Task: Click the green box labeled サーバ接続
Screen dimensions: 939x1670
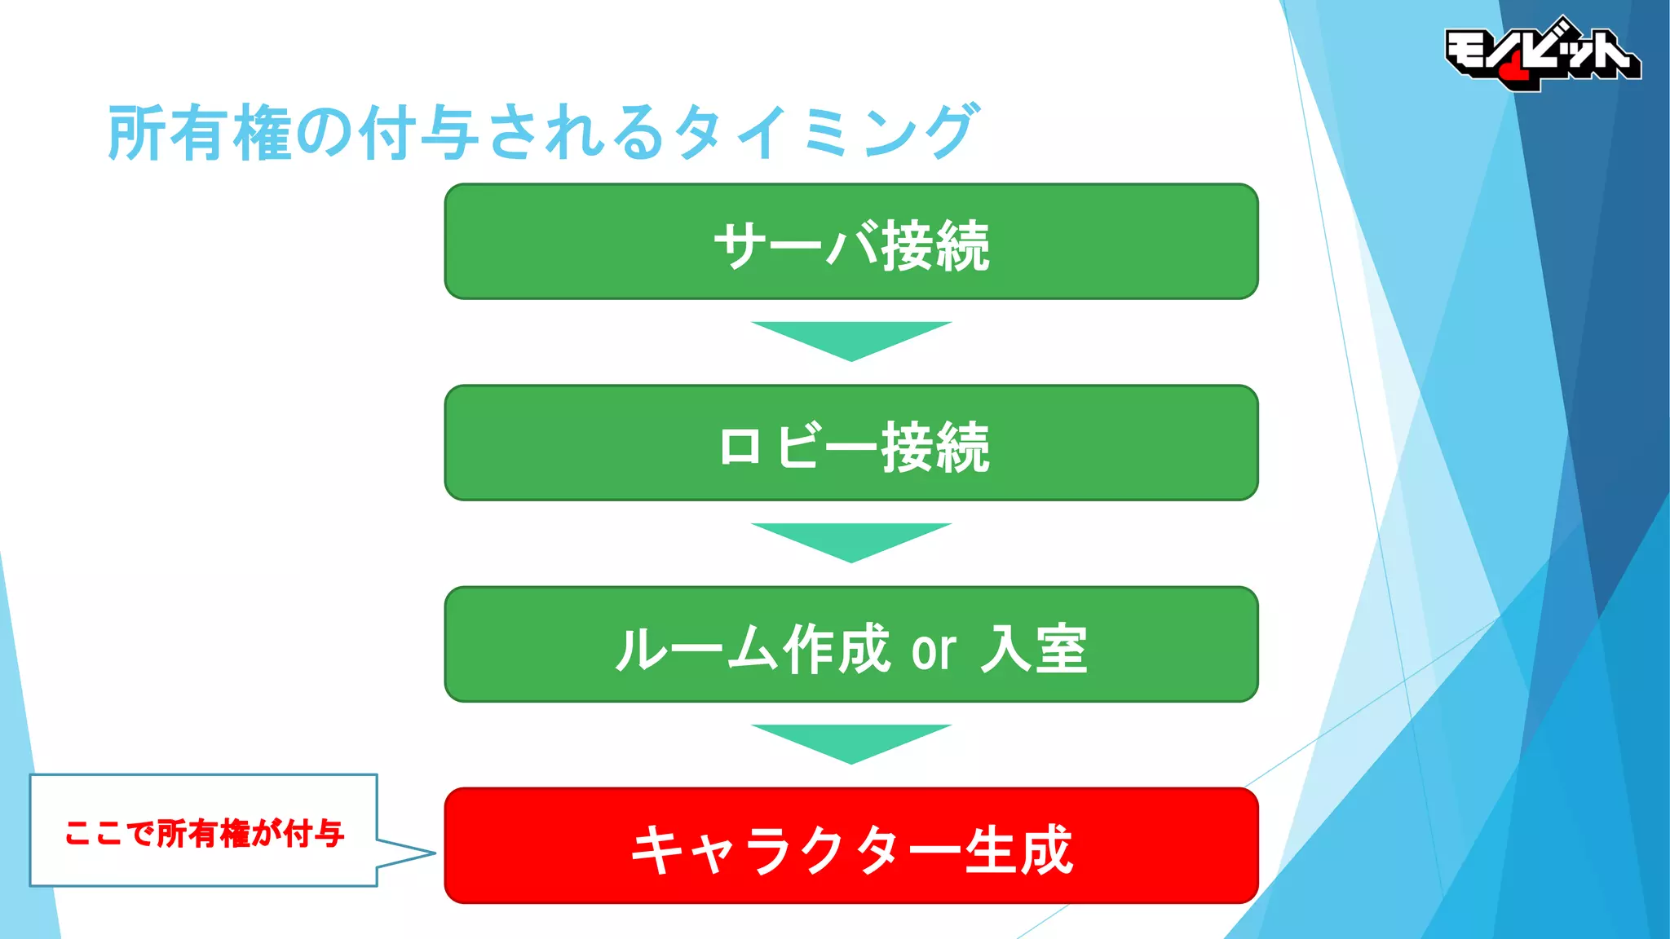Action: (851, 242)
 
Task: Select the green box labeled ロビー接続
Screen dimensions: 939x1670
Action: (851, 443)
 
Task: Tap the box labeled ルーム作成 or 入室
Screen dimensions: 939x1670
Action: (851, 645)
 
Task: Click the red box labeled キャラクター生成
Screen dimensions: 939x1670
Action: (851, 846)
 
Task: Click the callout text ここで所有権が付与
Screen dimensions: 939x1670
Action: (204, 833)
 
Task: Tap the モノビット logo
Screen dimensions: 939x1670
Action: (1541, 54)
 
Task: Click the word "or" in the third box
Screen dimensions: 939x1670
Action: (934, 650)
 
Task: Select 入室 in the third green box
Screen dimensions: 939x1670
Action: (1034, 650)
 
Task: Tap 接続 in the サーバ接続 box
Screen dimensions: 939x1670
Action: (935, 245)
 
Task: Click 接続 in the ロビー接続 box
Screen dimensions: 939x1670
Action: (935, 447)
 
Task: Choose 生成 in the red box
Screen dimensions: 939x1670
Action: (1018, 849)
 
